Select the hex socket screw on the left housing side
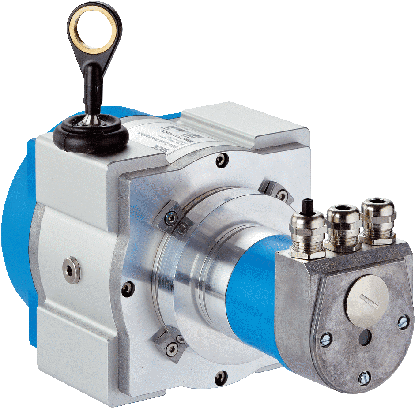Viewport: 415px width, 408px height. (x=72, y=270)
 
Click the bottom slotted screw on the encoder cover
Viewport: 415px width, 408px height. (x=364, y=377)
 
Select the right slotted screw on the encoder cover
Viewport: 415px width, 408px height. (x=403, y=322)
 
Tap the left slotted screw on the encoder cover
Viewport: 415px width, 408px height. (x=325, y=339)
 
